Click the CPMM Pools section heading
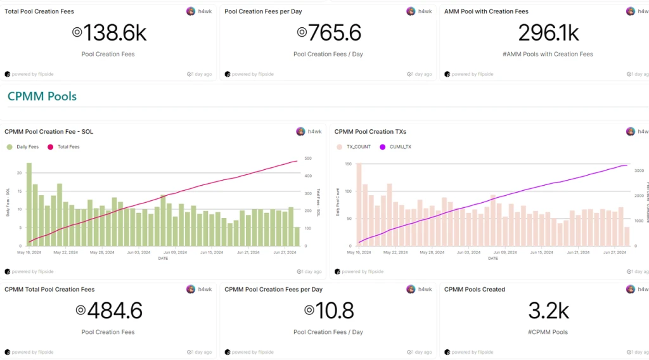[x=42, y=96]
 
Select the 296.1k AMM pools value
[x=548, y=33]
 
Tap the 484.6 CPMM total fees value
[x=108, y=311]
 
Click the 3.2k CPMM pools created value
[x=548, y=311]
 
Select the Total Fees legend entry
[x=65, y=147]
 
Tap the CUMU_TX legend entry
[x=397, y=147]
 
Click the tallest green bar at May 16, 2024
[x=29, y=204]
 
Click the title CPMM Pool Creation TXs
[x=370, y=132]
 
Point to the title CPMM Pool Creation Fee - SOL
[x=49, y=132]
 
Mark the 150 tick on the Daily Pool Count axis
[x=348, y=164]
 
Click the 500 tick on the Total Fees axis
[x=309, y=158]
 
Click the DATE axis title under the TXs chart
[x=493, y=258]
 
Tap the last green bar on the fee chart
[x=297, y=236]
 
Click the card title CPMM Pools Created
[x=475, y=290]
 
